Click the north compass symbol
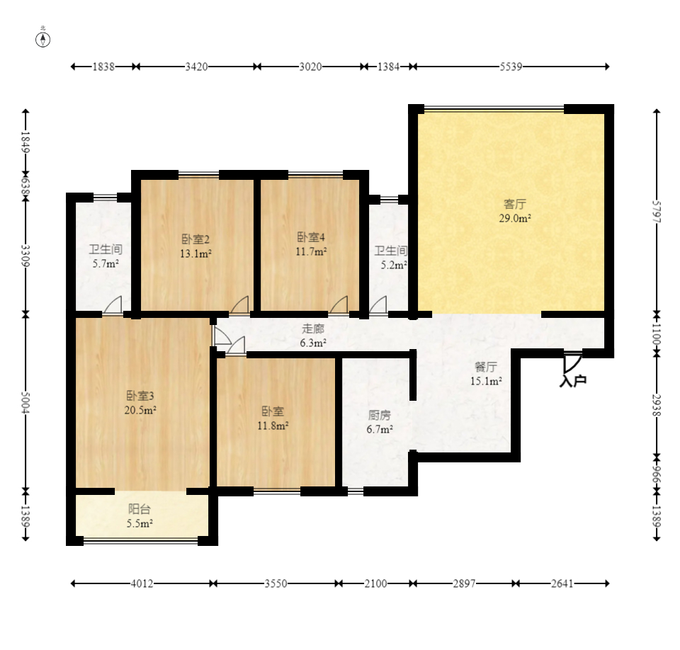coord(42,40)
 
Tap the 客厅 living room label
coord(515,204)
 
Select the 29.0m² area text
coord(515,218)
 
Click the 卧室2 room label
coord(195,239)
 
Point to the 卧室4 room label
coord(311,237)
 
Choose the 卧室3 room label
coord(140,396)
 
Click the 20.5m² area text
coord(140,410)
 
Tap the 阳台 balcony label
coord(140,509)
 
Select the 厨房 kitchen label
coord(380,415)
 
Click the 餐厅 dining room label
coord(486,367)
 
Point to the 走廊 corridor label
coord(313,329)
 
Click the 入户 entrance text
coord(573,381)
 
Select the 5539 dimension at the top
coord(511,67)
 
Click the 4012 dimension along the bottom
coord(142,583)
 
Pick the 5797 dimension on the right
coord(657,212)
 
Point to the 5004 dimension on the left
coord(25,402)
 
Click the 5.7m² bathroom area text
coord(106,263)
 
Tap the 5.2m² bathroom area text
coord(394,265)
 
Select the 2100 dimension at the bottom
coord(375,583)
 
